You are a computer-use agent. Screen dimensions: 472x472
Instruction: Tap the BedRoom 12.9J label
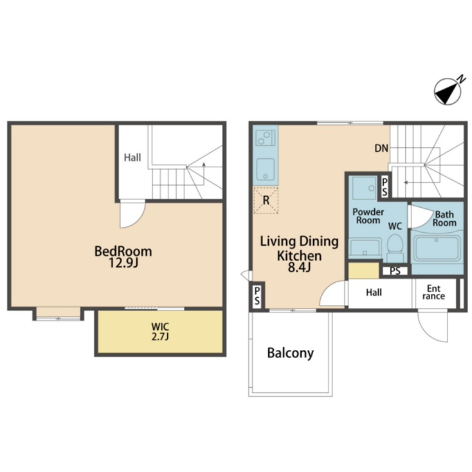(123, 257)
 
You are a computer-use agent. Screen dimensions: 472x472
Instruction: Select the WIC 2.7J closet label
(159, 331)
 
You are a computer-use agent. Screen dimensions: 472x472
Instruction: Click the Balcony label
(290, 353)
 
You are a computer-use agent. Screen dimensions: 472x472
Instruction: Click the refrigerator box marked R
(266, 200)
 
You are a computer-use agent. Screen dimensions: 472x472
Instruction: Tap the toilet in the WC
(395, 246)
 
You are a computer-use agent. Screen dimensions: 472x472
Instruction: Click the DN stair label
(381, 149)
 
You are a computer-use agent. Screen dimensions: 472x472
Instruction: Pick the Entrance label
(434, 292)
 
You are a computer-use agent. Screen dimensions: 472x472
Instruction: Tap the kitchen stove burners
(264, 138)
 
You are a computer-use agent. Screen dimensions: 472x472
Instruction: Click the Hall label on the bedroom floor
(132, 157)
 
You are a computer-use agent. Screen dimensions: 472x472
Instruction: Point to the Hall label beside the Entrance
(374, 293)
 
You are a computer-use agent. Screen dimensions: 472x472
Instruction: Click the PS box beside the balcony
(257, 296)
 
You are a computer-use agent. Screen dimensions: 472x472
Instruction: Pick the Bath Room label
(444, 219)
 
